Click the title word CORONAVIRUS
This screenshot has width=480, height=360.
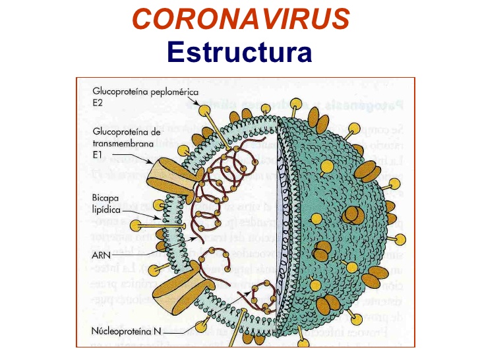point(240,20)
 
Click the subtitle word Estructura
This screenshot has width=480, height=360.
point(239,51)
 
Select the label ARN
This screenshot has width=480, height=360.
point(102,253)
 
